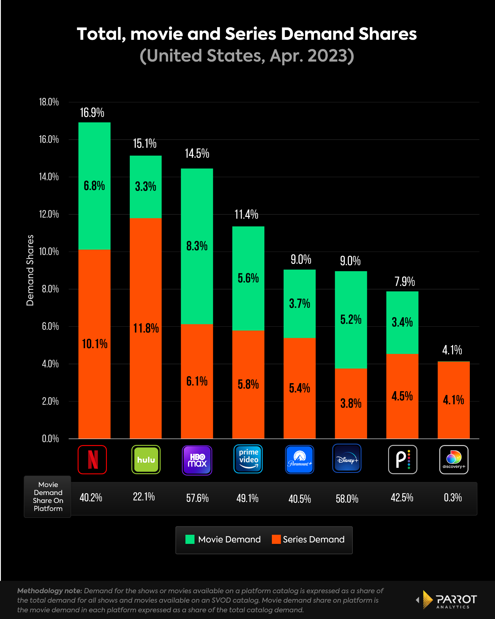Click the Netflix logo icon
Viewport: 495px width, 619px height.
pyautogui.click(x=92, y=459)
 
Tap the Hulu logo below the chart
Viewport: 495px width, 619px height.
pyautogui.click(x=146, y=459)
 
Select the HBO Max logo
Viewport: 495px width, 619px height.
pyautogui.click(x=197, y=460)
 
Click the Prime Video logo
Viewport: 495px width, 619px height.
pyautogui.click(x=248, y=459)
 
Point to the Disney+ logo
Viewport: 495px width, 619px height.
pyautogui.click(x=347, y=458)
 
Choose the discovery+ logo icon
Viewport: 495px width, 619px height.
pyautogui.click(x=454, y=459)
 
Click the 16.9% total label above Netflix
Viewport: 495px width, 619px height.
pyautogui.click(x=92, y=113)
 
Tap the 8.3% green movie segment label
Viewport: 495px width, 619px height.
pyautogui.click(x=197, y=246)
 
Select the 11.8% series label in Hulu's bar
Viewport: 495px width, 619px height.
pyautogui.click(x=146, y=328)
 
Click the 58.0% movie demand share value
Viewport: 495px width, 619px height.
pyautogui.click(x=347, y=499)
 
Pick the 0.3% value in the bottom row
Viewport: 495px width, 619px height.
pyautogui.click(x=453, y=497)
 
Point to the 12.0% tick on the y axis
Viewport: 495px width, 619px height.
pyautogui.click(x=49, y=214)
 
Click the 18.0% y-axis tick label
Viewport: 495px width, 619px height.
pyautogui.click(x=49, y=102)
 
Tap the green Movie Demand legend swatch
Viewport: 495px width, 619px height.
pyautogui.click(x=190, y=539)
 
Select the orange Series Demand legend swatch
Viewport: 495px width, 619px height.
pyautogui.click(x=276, y=539)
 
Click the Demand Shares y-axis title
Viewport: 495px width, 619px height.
pyautogui.click(x=30, y=270)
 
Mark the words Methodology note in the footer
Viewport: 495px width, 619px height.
pyautogui.click(x=49, y=591)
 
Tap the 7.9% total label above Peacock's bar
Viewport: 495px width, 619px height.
pyautogui.click(x=404, y=282)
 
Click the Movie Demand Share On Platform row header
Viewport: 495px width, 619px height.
pyautogui.click(x=48, y=496)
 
